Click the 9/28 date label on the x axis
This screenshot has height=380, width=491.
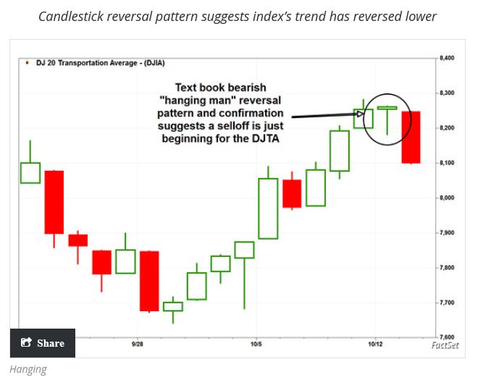point(137,345)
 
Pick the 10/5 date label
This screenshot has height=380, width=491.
point(256,345)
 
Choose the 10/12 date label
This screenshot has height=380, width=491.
point(375,345)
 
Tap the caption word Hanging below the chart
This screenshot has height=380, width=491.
point(28,369)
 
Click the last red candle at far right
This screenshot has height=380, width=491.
point(410,137)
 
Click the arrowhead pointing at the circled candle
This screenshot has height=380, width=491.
point(360,114)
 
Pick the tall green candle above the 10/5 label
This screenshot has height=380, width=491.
point(268,208)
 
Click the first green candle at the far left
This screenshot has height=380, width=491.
point(30,172)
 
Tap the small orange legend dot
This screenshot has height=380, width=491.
point(27,64)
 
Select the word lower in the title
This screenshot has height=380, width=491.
point(421,16)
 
